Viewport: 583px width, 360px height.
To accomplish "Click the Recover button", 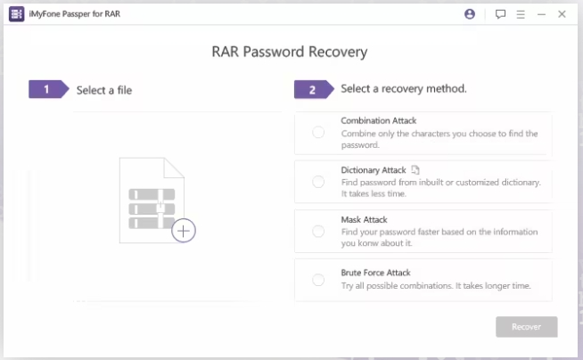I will pyautogui.click(x=526, y=327).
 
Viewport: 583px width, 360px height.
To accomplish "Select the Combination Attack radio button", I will pyautogui.click(x=318, y=133).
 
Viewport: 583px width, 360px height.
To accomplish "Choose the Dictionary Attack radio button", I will pyautogui.click(x=318, y=182).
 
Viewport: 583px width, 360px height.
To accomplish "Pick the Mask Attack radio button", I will pyautogui.click(x=318, y=231).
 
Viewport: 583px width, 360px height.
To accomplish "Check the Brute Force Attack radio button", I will pyautogui.click(x=318, y=280).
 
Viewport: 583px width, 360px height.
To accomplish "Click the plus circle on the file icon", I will pyautogui.click(x=184, y=231).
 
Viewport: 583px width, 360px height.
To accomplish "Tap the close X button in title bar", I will pyautogui.click(x=562, y=14).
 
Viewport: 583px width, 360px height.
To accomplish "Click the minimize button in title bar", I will pyautogui.click(x=541, y=14).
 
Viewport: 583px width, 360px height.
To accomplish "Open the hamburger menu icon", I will pyautogui.click(x=521, y=14).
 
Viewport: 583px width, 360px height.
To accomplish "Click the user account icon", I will pyautogui.click(x=470, y=14).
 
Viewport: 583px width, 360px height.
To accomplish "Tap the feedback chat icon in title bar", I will pyautogui.click(x=500, y=14).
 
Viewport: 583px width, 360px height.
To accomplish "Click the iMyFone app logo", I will pyautogui.click(x=16, y=14).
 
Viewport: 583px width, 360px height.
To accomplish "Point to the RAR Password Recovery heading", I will pyautogui.click(x=289, y=52).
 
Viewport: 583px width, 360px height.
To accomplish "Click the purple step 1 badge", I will pyautogui.click(x=47, y=89).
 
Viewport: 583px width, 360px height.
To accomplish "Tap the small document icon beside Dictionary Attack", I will pyautogui.click(x=415, y=170).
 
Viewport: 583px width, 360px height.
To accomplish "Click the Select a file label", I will pyautogui.click(x=104, y=90).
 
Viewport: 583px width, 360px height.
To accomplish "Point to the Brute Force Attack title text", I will pyautogui.click(x=375, y=273).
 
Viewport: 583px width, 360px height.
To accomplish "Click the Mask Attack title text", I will pyautogui.click(x=364, y=219).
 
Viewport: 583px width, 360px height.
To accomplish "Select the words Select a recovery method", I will pyautogui.click(x=404, y=89).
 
